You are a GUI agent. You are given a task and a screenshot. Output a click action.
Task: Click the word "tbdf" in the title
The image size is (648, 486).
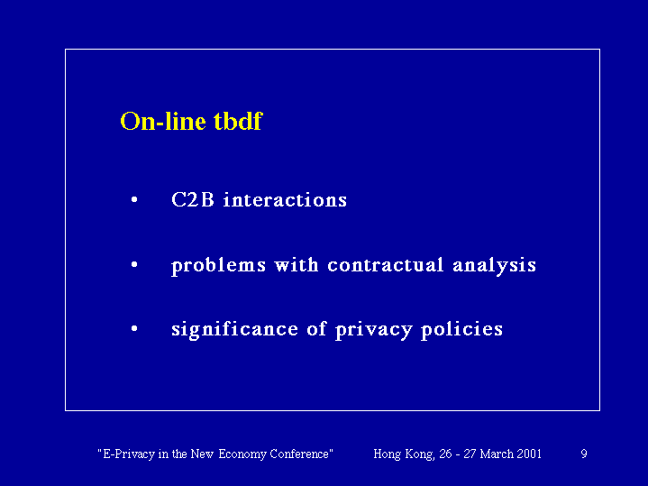point(238,121)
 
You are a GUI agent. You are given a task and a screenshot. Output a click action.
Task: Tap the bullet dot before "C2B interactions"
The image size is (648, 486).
point(134,200)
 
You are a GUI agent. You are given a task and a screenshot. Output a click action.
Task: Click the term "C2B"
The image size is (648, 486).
point(193,199)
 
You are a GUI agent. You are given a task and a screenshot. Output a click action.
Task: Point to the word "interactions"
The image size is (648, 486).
point(285,200)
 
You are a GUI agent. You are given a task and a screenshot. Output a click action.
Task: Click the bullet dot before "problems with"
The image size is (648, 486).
point(134,265)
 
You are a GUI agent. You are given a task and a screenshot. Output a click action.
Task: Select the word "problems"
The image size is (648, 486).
point(218,266)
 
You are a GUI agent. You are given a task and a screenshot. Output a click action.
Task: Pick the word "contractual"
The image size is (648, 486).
point(385,265)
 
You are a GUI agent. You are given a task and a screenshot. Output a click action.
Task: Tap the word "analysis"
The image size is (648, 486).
point(494,266)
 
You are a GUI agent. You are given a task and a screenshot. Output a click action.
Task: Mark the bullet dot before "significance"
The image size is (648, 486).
point(134,329)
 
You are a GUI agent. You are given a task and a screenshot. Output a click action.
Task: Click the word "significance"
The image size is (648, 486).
point(234,330)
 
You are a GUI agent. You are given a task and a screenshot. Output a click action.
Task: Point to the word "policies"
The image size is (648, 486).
point(461,330)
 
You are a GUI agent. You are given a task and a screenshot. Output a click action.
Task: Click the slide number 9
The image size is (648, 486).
point(584,454)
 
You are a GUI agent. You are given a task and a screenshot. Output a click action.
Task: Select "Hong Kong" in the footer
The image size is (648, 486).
point(404,454)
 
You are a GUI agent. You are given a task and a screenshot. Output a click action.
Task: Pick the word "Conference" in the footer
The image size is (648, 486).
point(301,454)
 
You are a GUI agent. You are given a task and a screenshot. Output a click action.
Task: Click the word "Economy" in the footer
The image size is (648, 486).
point(242,454)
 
